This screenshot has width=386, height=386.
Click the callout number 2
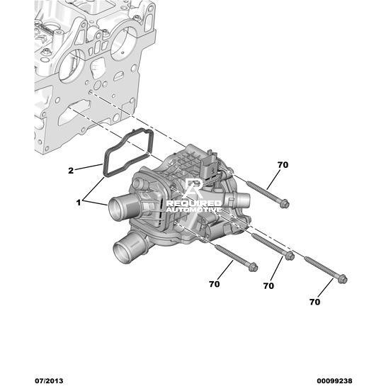(x=71, y=171)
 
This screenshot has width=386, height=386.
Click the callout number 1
(x=79, y=203)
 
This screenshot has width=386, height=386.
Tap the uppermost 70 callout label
(x=283, y=165)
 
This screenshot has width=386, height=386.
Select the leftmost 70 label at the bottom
(x=214, y=284)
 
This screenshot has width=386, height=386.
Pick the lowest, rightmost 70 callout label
(x=314, y=302)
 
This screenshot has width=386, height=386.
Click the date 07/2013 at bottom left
(x=49, y=381)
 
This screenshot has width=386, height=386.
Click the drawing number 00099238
(x=334, y=381)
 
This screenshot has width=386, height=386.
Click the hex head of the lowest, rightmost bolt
(x=343, y=279)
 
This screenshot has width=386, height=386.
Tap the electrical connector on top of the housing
(x=210, y=166)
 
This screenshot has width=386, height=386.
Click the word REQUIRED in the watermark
(x=194, y=203)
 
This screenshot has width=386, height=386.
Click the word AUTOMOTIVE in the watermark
(x=194, y=210)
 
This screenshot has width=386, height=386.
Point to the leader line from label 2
(x=89, y=166)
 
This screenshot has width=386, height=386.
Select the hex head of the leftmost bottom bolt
(x=253, y=267)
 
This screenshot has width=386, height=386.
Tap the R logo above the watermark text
(x=194, y=188)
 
